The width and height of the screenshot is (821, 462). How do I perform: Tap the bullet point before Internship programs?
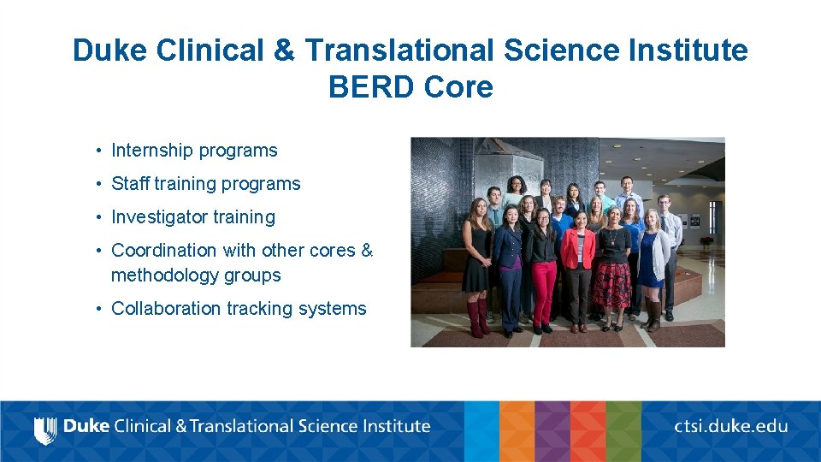point(100,151)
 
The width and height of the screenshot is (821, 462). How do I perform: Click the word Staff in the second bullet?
point(130,184)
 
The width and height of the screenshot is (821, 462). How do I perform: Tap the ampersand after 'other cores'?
point(367,251)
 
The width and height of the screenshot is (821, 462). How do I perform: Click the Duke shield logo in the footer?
point(44,429)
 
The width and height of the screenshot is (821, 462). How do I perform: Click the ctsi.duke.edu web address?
point(730,426)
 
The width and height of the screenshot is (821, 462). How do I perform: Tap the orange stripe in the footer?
point(517,431)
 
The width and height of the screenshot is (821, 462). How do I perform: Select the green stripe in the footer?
point(623,431)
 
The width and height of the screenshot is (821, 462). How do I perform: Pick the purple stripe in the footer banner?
point(552,431)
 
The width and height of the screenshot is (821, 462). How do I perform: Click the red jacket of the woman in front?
point(578,247)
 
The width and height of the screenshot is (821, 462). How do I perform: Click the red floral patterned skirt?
point(611,285)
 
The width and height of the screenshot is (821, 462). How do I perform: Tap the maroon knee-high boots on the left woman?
point(475,316)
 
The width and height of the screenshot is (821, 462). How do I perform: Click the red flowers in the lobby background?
point(706,241)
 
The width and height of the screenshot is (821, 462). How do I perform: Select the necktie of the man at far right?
point(664,223)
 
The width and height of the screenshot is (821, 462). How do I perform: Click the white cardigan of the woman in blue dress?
point(660,253)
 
